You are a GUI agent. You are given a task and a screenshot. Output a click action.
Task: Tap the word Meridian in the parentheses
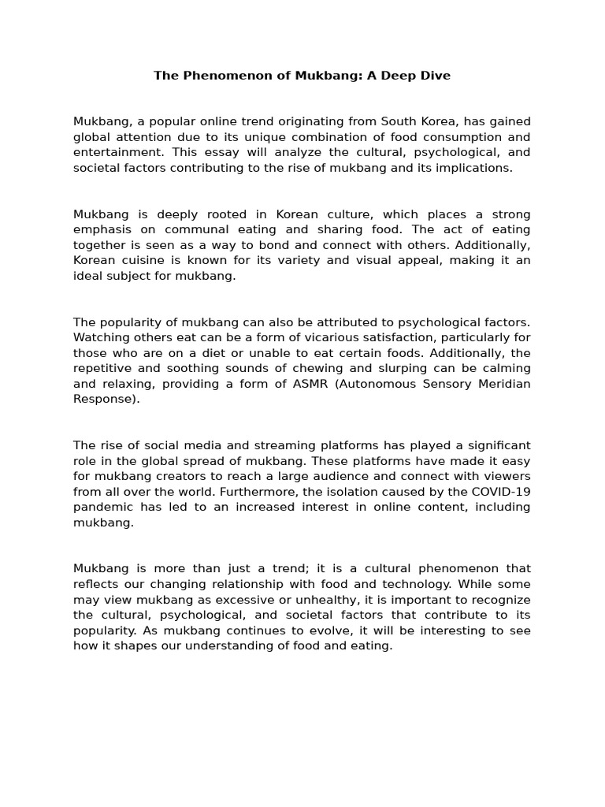[x=503, y=384]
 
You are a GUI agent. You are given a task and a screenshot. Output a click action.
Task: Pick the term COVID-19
[x=503, y=492]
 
